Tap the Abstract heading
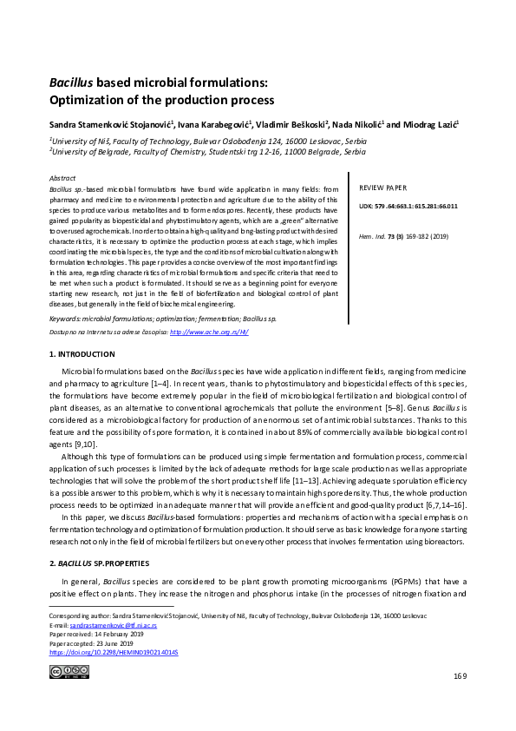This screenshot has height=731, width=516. tap(63, 175)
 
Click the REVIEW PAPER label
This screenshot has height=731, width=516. tap(382, 188)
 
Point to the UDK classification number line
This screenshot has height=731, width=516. tap(407, 206)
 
